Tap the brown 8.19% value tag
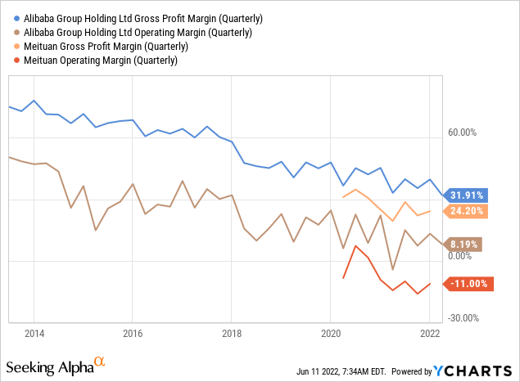coord(465,243)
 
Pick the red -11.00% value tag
coord(467,284)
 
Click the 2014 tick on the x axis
coord(34,334)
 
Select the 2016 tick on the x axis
coord(133,334)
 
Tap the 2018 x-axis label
coord(231,334)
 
